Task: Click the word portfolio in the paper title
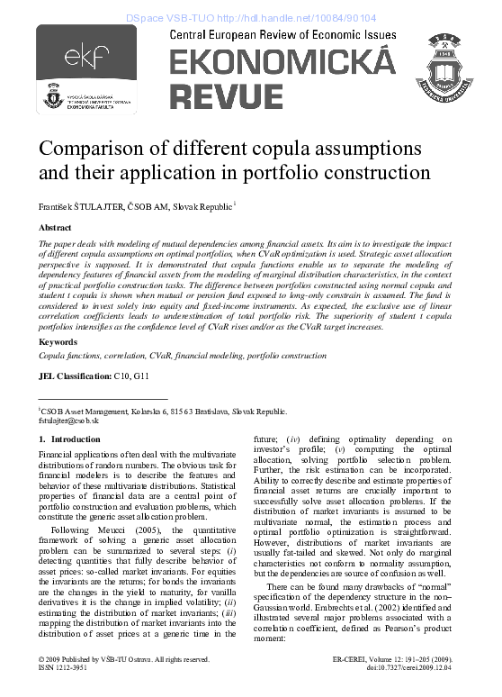pyautogui.click(x=358, y=171)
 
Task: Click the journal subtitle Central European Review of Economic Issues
pyautogui.click(x=282, y=34)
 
